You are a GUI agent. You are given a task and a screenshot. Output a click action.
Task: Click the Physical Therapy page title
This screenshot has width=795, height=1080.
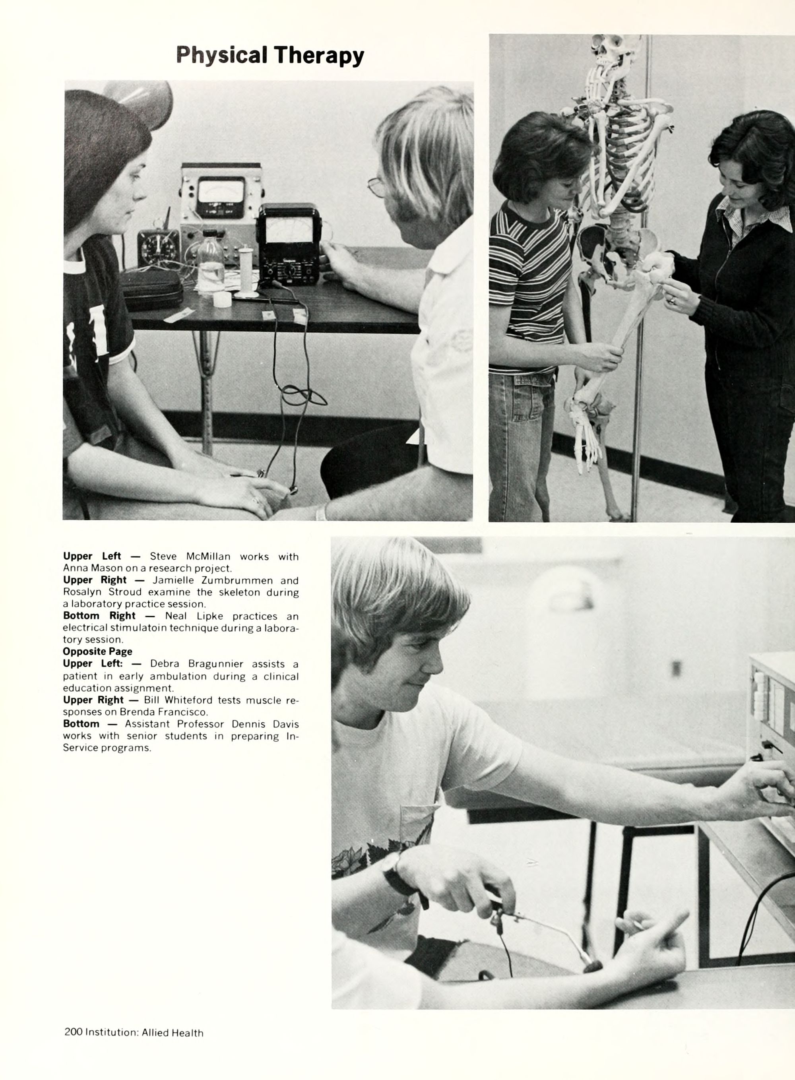click(x=270, y=55)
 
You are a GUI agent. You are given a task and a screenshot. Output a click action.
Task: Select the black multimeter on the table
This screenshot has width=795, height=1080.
click(x=290, y=244)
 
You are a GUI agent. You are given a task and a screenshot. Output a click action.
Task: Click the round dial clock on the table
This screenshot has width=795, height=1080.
click(x=158, y=249)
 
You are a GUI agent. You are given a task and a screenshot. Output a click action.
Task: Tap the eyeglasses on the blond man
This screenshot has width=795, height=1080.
click(x=377, y=187)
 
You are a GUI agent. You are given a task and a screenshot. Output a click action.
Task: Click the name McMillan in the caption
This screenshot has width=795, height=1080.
click(x=208, y=556)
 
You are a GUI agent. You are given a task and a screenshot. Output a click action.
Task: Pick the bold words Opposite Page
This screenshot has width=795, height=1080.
click(x=98, y=651)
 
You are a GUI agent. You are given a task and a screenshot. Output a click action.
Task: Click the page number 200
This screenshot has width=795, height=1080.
click(x=73, y=1032)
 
